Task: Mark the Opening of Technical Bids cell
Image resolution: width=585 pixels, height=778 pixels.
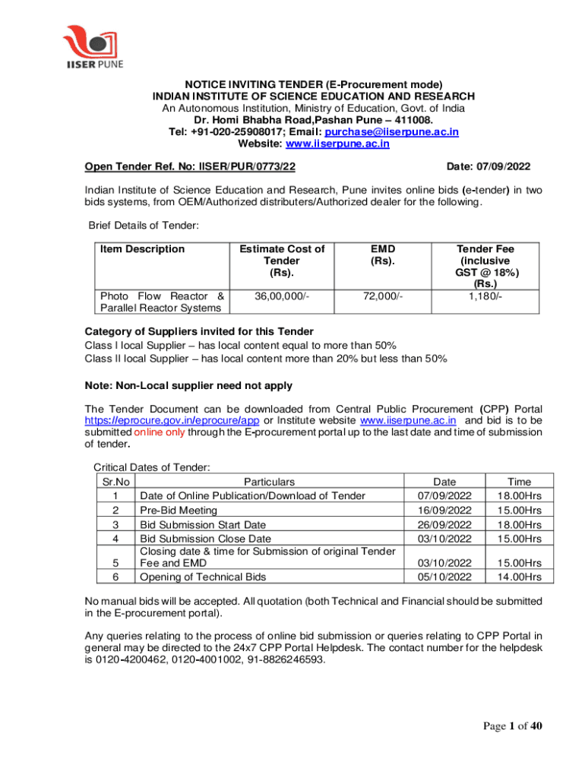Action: [203, 577]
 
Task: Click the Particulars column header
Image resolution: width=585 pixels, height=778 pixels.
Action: [269, 481]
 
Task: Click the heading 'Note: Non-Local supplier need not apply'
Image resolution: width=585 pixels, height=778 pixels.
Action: [188, 385]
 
